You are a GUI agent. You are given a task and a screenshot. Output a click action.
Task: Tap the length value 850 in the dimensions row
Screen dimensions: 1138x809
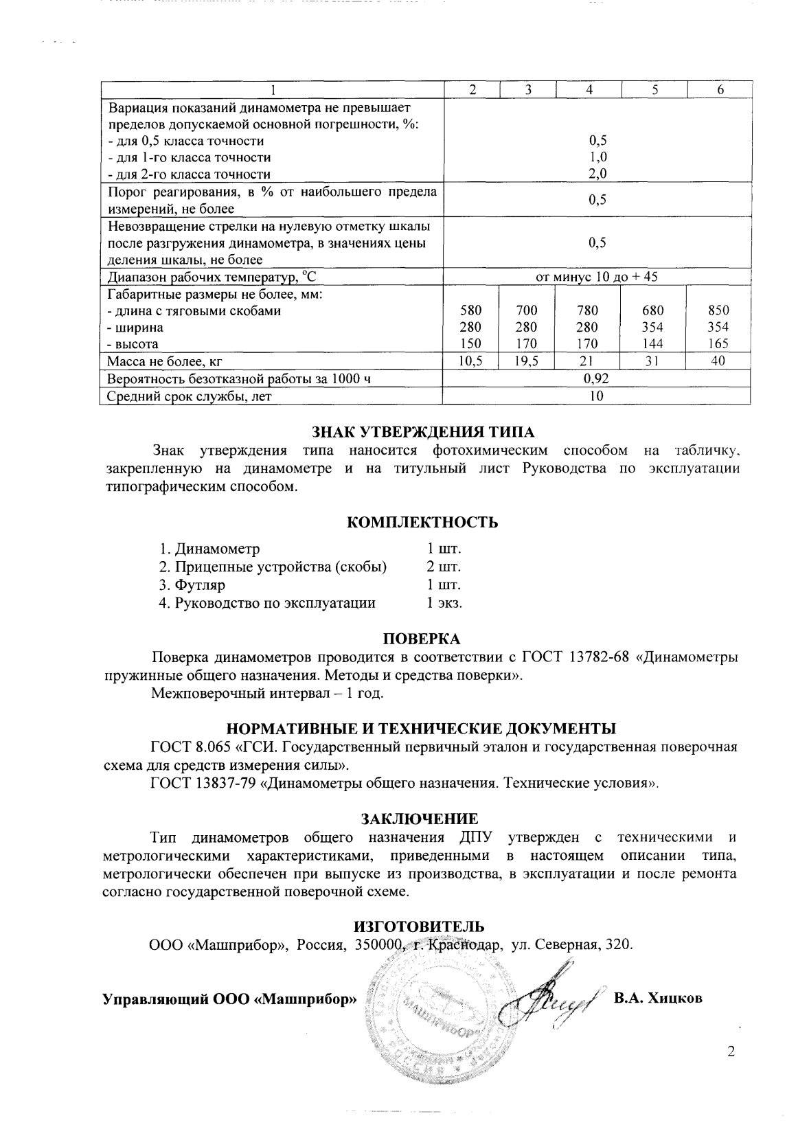click(718, 310)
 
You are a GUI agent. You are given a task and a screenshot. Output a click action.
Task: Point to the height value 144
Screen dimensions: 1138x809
click(653, 344)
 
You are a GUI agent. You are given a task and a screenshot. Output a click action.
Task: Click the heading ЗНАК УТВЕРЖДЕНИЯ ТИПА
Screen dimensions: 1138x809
click(423, 432)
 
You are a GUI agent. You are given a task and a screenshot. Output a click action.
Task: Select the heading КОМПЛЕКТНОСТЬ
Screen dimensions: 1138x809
click(422, 522)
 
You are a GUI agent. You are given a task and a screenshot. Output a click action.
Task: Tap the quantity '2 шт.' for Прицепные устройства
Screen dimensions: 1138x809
click(444, 567)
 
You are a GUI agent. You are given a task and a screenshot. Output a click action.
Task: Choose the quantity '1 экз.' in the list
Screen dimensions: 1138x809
click(444, 603)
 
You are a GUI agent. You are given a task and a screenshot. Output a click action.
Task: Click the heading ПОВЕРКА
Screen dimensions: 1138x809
click(422, 639)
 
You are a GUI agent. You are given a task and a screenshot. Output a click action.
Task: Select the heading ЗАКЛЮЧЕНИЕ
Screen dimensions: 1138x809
click(420, 819)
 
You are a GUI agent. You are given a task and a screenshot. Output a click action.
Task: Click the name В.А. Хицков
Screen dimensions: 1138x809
click(659, 998)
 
